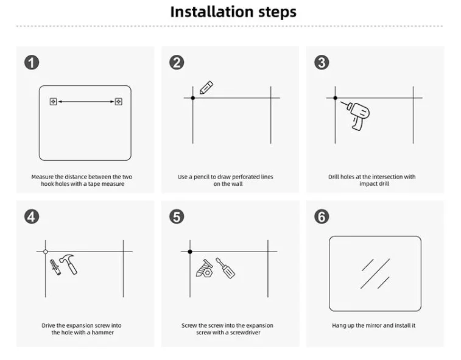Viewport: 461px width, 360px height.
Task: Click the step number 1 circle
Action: [32, 62]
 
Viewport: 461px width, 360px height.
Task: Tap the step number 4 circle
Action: [32, 217]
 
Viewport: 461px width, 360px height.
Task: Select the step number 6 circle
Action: [322, 217]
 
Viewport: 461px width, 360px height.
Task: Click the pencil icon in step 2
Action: [206, 87]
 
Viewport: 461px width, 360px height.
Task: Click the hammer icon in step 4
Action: [69, 264]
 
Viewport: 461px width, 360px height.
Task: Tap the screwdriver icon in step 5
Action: [225, 267]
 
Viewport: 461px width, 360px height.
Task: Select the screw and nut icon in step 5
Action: [204, 268]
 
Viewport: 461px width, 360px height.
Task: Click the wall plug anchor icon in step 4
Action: [55, 267]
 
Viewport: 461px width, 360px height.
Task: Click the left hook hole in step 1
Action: [53, 102]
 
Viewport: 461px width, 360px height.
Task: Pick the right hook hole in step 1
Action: [119, 102]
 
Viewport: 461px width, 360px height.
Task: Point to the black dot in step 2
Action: [193, 98]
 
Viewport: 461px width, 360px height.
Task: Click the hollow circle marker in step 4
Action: [45, 252]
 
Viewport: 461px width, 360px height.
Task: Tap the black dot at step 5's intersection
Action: [190, 252]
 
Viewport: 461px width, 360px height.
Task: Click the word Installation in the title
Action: [212, 12]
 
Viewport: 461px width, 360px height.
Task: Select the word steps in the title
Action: [277, 12]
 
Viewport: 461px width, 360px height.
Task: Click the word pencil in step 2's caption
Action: [202, 177]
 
